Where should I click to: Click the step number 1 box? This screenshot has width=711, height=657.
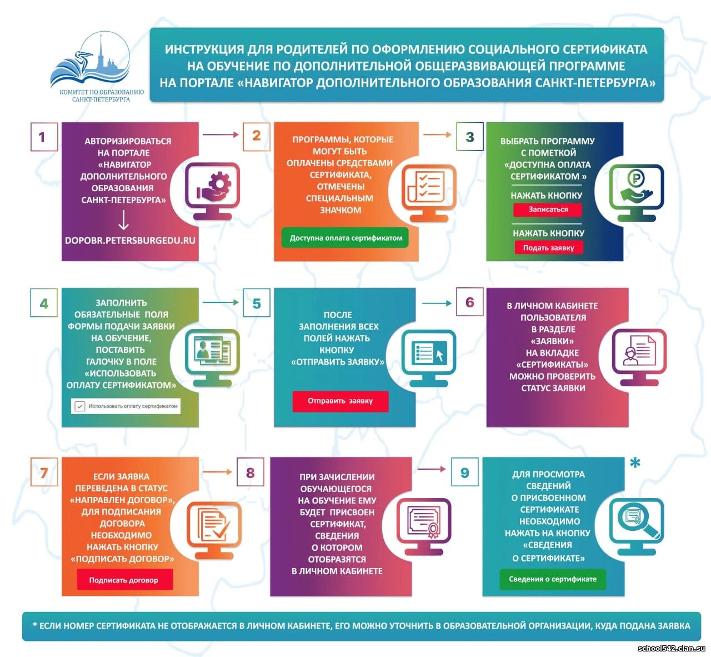point(44,137)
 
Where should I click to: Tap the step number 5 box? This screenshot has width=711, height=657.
point(256,303)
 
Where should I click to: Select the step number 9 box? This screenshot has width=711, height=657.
point(465,472)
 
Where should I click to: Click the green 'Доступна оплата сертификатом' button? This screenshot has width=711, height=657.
point(345,238)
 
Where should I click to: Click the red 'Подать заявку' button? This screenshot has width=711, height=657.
point(548,248)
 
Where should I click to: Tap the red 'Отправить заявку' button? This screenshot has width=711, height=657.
point(340,401)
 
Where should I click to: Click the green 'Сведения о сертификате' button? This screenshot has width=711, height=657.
point(553,579)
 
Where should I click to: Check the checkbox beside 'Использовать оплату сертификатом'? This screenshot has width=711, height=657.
point(79,406)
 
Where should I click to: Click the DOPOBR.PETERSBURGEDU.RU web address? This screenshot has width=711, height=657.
point(130,240)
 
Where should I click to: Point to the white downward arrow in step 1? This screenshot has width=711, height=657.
point(123,220)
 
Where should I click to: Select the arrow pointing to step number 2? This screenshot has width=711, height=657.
point(221,135)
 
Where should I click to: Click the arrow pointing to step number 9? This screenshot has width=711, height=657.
point(432,469)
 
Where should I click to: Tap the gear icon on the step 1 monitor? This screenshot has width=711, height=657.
point(219,183)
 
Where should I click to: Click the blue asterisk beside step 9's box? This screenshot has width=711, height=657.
point(635,462)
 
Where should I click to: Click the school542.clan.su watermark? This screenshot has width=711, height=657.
point(671,648)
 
